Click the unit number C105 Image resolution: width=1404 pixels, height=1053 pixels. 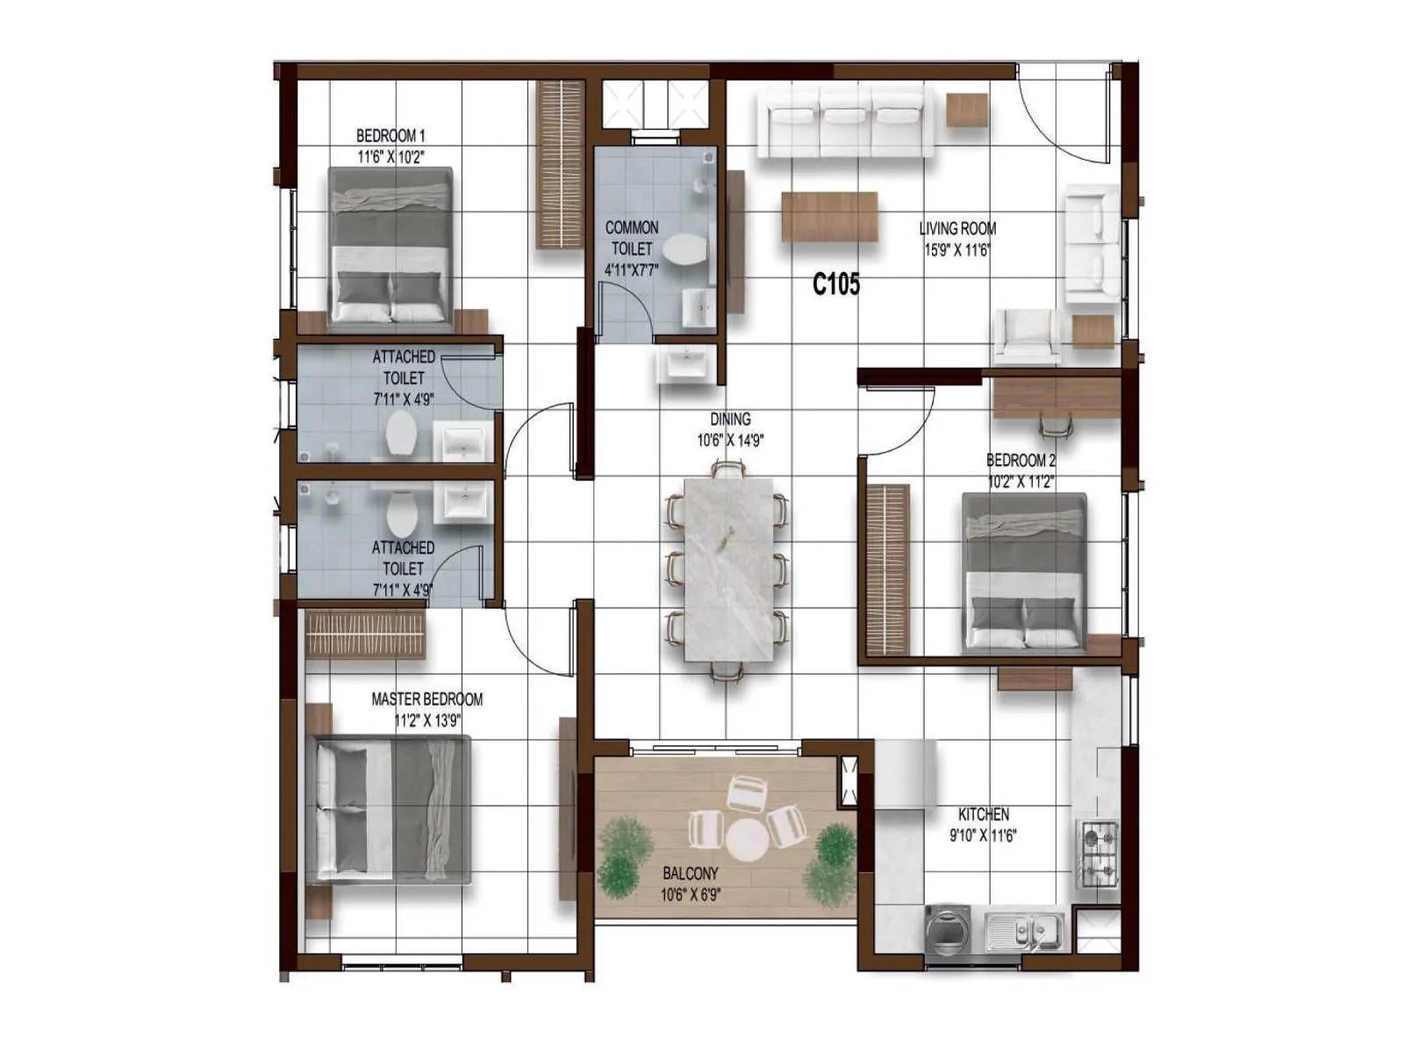point(835,283)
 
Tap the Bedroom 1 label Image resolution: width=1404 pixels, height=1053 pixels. point(390,136)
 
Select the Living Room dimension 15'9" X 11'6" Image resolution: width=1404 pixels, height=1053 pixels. point(957,250)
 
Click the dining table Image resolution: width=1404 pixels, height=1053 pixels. point(728,569)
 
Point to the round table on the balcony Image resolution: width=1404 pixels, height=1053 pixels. point(747,840)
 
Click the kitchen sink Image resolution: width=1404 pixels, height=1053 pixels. point(1023,930)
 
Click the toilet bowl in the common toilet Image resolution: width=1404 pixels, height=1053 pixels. point(684,249)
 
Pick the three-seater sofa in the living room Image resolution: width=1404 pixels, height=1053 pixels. point(846,124)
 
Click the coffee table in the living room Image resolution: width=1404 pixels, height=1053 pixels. point(829,216)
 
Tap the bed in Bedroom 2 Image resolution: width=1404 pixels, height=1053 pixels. point(1024,572)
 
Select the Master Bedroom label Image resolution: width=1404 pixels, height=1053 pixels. point(426,699)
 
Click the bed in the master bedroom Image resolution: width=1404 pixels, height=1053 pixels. point(391,809)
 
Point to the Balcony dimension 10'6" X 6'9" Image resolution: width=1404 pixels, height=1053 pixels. point(691,895)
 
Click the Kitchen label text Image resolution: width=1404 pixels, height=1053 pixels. point(983,814)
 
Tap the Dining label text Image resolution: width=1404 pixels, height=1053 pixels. point(730,419)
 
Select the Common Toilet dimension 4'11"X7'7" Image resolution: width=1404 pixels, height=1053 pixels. point(631,270)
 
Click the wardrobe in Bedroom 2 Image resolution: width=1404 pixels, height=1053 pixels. point(887,569)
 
